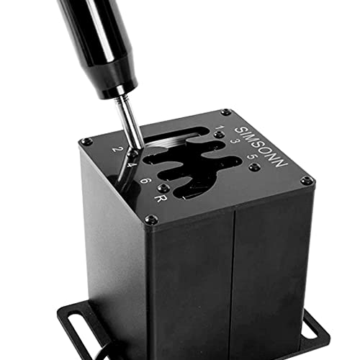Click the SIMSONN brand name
(261, 147)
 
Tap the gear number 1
(220, 127)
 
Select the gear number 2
(117, 149)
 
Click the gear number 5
(252, 157)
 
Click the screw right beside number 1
(220, 135)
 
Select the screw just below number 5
(254, 167)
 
